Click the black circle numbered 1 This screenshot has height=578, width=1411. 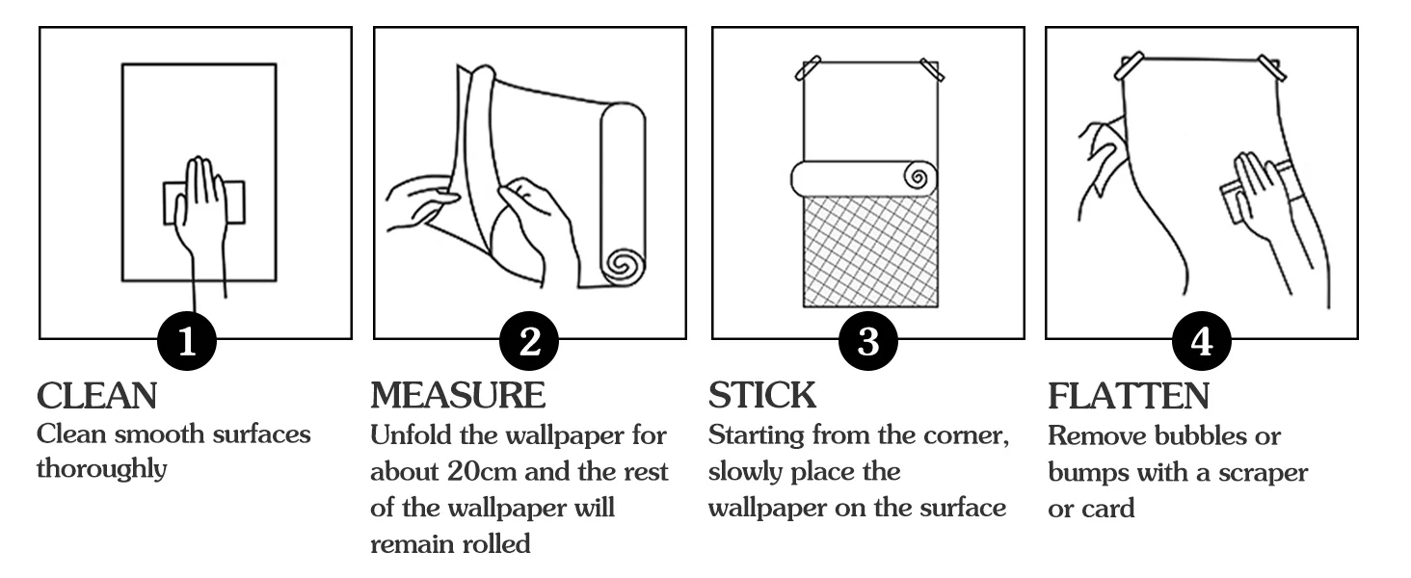pyautogui.click(x=187, y=342)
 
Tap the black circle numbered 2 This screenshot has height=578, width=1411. pyautogui.click(x=529, y=342)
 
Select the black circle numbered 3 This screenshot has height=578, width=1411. pyautogui.click(x=868, y=342)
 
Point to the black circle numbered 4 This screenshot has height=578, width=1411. pyautogui.click(x=1202, y=342)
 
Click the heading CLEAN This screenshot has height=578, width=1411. pyautogui.click(x=96, y=395)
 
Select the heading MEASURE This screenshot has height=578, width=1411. pyautogui.click(x=458, y=395)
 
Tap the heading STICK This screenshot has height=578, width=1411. pyautogui.click(x=762, y=395)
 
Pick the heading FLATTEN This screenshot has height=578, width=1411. pyautogui.click(x=1128, y=396)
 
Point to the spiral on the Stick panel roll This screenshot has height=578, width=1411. pyautogui.click(x=918, y=178)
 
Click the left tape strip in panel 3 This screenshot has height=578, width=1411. pyautogui.click(x=808, y=68)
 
